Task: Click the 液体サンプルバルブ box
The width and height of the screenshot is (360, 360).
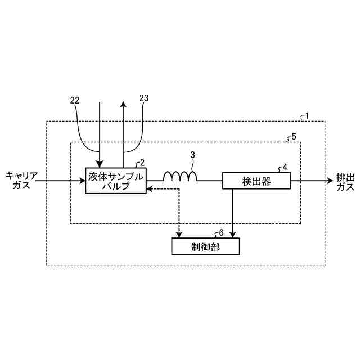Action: click(115, 181)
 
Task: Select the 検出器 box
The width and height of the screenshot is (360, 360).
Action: click(256, 181)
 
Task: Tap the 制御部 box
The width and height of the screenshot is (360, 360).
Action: click(205, 246)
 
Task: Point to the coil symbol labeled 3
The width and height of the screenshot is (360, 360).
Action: click(180, 177)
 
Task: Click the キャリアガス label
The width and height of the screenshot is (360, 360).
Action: click(22, 181)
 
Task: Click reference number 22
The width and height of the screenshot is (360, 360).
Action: click(74, 100)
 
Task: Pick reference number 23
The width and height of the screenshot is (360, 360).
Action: click(144, 98)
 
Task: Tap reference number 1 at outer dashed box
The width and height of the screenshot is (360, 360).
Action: click(307, 116)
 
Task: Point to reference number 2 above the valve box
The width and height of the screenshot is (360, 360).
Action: click(142, 163)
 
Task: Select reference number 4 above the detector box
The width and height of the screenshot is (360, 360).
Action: click(285, 167)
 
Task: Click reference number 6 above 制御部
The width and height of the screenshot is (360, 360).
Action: click(221, 232)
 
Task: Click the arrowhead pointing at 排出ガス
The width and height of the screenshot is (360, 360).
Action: click(330, 181)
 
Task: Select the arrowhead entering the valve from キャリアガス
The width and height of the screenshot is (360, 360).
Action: click(82, 181)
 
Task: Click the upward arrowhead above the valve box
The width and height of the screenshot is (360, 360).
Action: click(123, 105)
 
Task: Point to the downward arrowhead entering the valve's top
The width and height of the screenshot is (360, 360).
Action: click(99, 164)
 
